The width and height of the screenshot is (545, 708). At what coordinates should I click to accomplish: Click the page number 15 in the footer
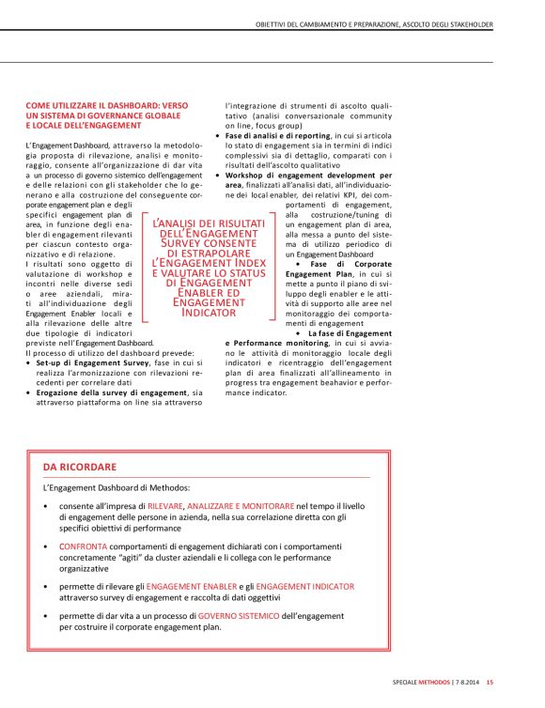(490, 682)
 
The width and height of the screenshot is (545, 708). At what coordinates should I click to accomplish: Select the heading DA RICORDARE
(80, 466)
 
